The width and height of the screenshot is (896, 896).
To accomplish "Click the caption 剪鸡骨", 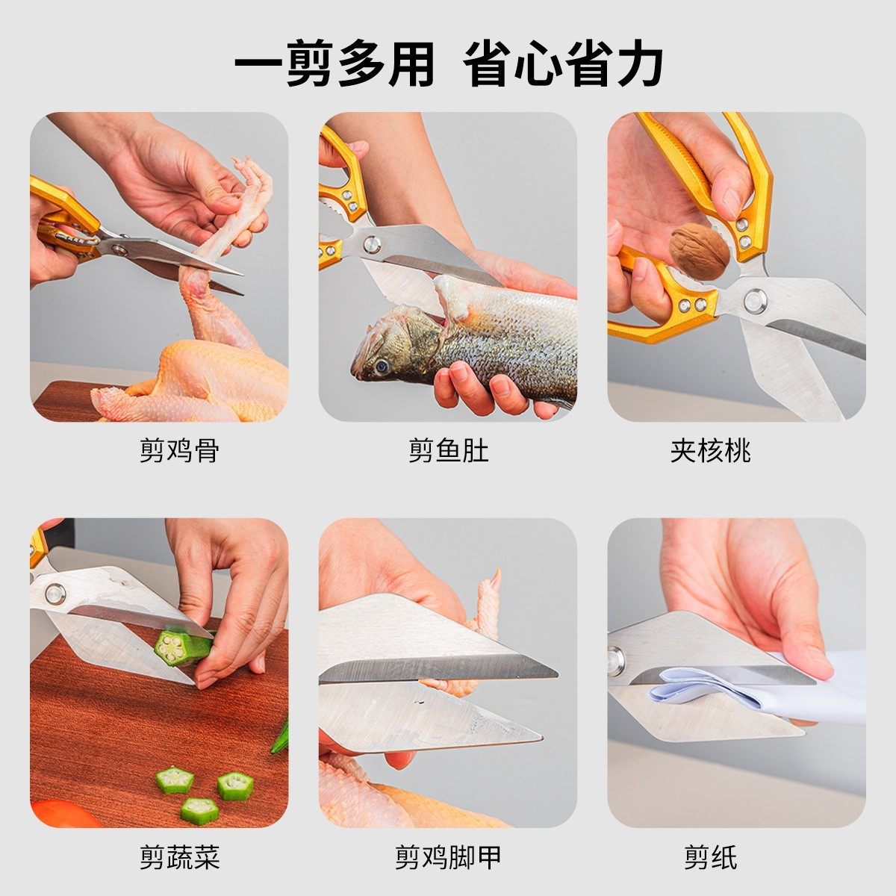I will pos(179,451).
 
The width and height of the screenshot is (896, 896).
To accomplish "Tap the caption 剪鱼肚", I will pos(448,451).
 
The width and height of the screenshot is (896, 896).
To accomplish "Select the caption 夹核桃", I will pos(710,451).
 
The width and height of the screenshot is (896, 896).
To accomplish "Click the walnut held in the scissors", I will pos(699,251).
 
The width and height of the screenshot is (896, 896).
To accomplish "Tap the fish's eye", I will pos(382,366).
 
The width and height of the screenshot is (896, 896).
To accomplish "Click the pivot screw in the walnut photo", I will pos(754,300).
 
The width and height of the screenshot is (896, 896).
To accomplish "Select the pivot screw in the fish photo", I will pos(371,243).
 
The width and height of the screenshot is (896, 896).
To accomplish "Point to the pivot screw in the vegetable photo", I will pos(55,594).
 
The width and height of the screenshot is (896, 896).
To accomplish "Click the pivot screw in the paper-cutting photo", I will pos(616,660).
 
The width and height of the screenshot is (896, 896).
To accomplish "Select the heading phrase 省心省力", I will pos(563,65).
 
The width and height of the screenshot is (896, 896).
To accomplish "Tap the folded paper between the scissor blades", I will pos(702,691).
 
